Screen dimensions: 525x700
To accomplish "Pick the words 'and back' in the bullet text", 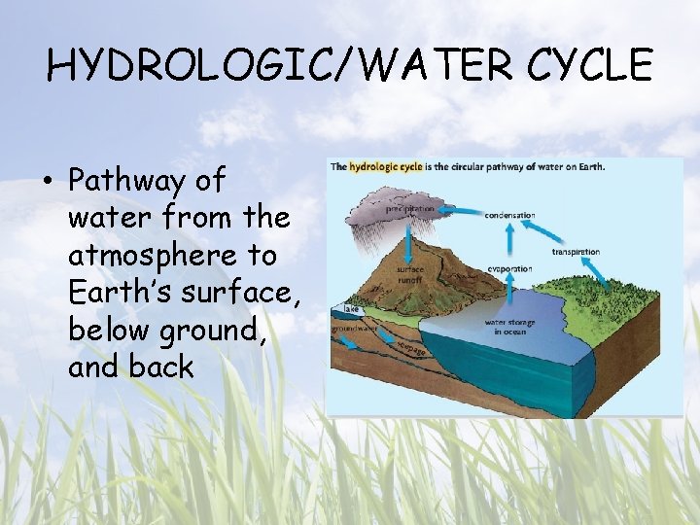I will (131, 367).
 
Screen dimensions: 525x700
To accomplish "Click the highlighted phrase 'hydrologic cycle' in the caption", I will (386, 166).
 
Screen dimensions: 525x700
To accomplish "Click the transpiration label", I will (576, 252).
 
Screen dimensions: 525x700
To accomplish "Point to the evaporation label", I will (509, 268).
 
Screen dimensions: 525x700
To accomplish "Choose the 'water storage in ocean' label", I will (509, 328).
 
